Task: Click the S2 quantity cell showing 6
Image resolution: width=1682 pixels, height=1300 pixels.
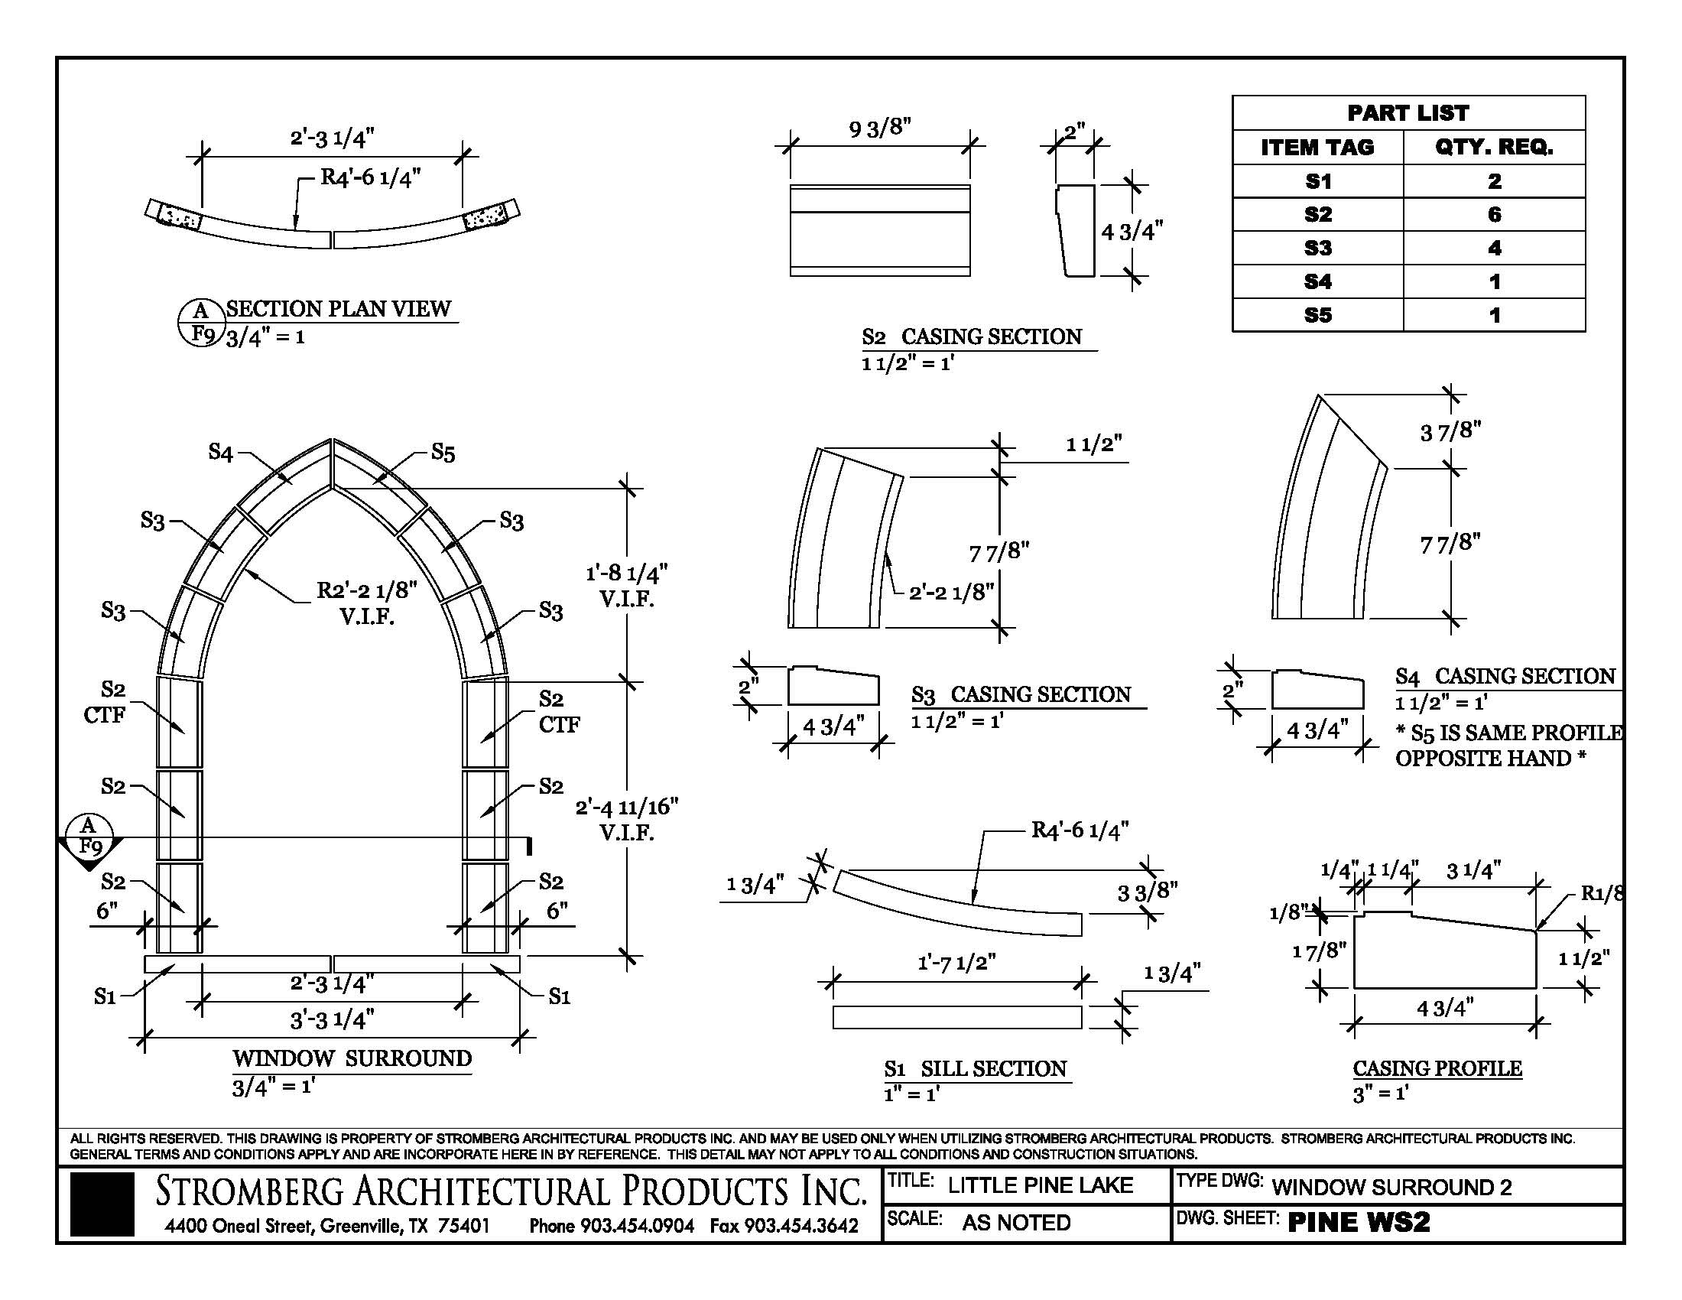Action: pos(1493,214)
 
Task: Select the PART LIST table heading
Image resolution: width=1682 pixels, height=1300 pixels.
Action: pos(1408,113)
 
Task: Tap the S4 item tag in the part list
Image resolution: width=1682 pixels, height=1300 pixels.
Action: pos(1318,282)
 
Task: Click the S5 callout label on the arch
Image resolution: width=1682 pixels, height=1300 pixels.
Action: pos(443,452)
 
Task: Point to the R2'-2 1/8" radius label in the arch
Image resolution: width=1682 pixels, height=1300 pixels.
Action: pos(366,591)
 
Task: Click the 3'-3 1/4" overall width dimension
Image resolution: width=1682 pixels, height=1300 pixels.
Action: pos(332,1019)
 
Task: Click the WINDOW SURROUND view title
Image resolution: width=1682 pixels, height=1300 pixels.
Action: pos(352,1058)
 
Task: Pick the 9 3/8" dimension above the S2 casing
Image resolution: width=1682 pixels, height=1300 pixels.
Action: pos(879,128)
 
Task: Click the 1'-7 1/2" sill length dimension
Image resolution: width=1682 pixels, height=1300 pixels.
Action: pos(956,963)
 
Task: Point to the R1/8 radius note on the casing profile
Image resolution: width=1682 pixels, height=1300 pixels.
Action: pos(1602,893)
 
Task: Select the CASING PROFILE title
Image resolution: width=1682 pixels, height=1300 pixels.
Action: pos(1437,1068)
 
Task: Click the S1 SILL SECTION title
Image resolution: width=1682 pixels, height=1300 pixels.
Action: pos(975,1068)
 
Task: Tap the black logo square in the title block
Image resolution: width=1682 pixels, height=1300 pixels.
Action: pos(102,1204)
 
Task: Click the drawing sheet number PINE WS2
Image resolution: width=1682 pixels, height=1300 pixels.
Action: pos(1359,1222)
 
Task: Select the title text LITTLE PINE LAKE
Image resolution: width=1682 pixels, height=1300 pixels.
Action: pos(1040,1185)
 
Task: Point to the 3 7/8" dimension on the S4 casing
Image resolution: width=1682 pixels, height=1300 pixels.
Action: pos(1450,431)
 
